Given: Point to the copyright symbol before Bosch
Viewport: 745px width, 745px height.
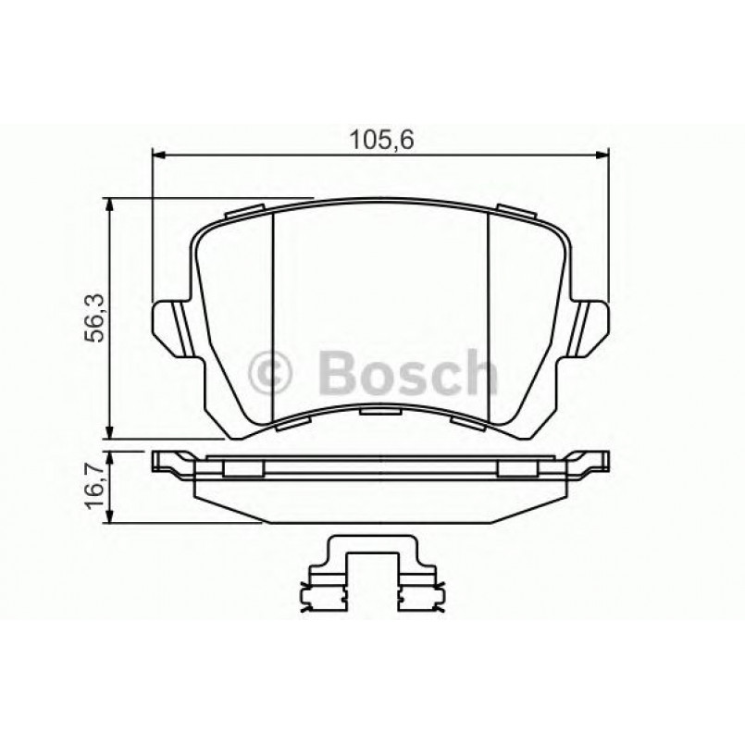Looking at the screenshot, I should [x=272, y=374].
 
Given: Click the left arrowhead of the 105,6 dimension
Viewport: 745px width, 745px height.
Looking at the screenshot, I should [x=157, y=155].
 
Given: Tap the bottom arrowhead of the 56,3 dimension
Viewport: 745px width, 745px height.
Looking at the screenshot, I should [x=111, y=432].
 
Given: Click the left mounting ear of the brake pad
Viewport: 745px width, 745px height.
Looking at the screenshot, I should [x=169, y=326].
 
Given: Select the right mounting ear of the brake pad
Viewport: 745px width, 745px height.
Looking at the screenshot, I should [x=590, y=326].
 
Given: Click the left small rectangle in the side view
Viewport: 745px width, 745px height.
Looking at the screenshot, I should [x=242, y=469].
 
